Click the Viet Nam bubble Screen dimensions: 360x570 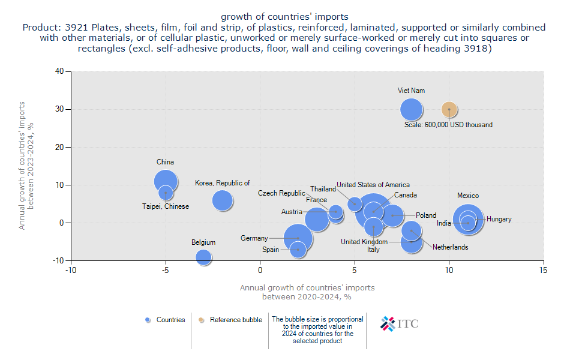(x=411, y=109)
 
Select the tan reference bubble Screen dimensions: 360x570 (x=449, y=109)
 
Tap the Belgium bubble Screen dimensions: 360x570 (x=203, y=257)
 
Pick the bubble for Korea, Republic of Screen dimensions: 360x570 (x=223, y=200)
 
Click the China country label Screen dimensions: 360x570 (x=165, y=162)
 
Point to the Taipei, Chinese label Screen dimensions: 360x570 (x=166, y=206)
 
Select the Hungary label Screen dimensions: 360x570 (x=499, y=219)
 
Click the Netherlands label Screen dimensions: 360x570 (x=450, y=247)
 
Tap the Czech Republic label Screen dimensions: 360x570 (x=281, y=193)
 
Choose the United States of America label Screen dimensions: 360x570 (x=373, y=185)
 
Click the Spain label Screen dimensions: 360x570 (x=271, y=250)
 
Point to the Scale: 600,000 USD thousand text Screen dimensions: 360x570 (x=448, y=125)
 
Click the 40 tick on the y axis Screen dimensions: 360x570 (x=59, y=71)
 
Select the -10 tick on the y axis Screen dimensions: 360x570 (x=58, y=260)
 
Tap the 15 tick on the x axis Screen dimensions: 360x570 (x=544, y=271)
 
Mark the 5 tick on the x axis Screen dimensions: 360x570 (x=355, y=271)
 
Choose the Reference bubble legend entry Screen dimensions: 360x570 (x=230, y=320)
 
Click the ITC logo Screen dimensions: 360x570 (x=400, y=323)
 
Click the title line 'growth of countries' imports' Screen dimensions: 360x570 (x=284, y=16)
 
